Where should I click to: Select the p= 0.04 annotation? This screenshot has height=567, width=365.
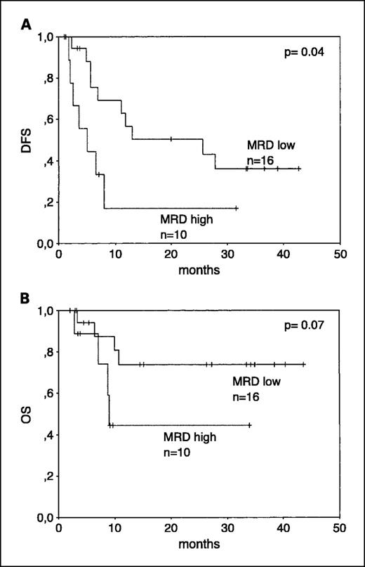click(x=306, y=52)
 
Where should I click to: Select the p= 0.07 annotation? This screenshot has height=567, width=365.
click(x=306, y=326)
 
